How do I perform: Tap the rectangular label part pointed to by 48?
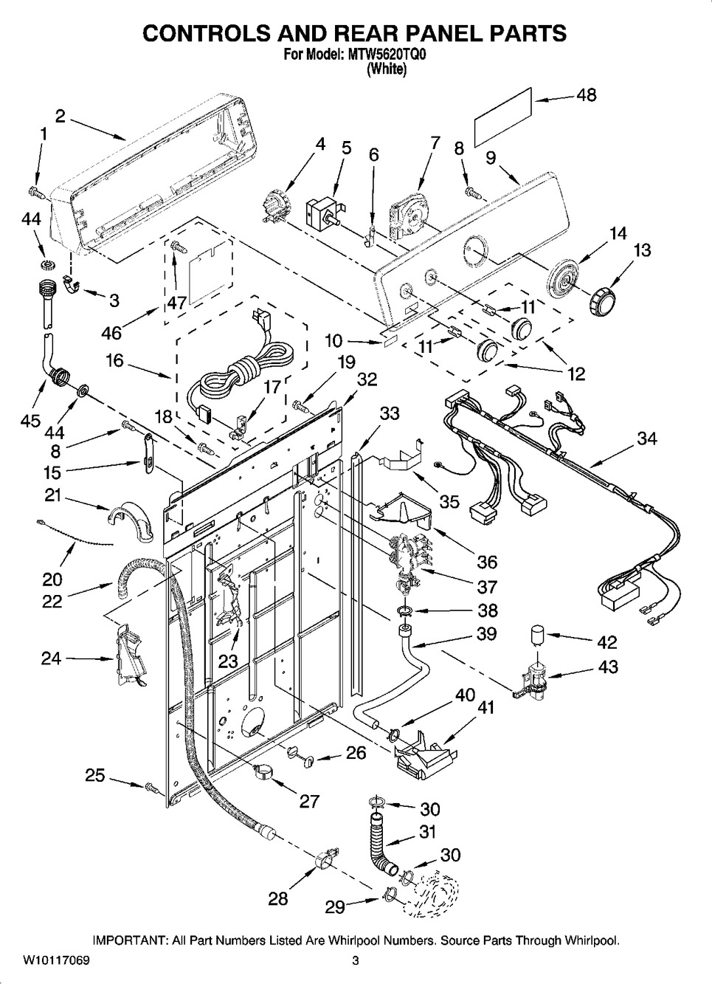click(502, 116)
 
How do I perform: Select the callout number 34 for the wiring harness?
click(647, 438)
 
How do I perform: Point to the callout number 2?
click(61, 116)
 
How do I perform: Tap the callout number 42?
click(606, 641)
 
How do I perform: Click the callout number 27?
click(309, 801)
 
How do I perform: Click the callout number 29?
click(336, 906)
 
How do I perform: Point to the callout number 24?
click(51, 658)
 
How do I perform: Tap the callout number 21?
click(52, 496)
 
